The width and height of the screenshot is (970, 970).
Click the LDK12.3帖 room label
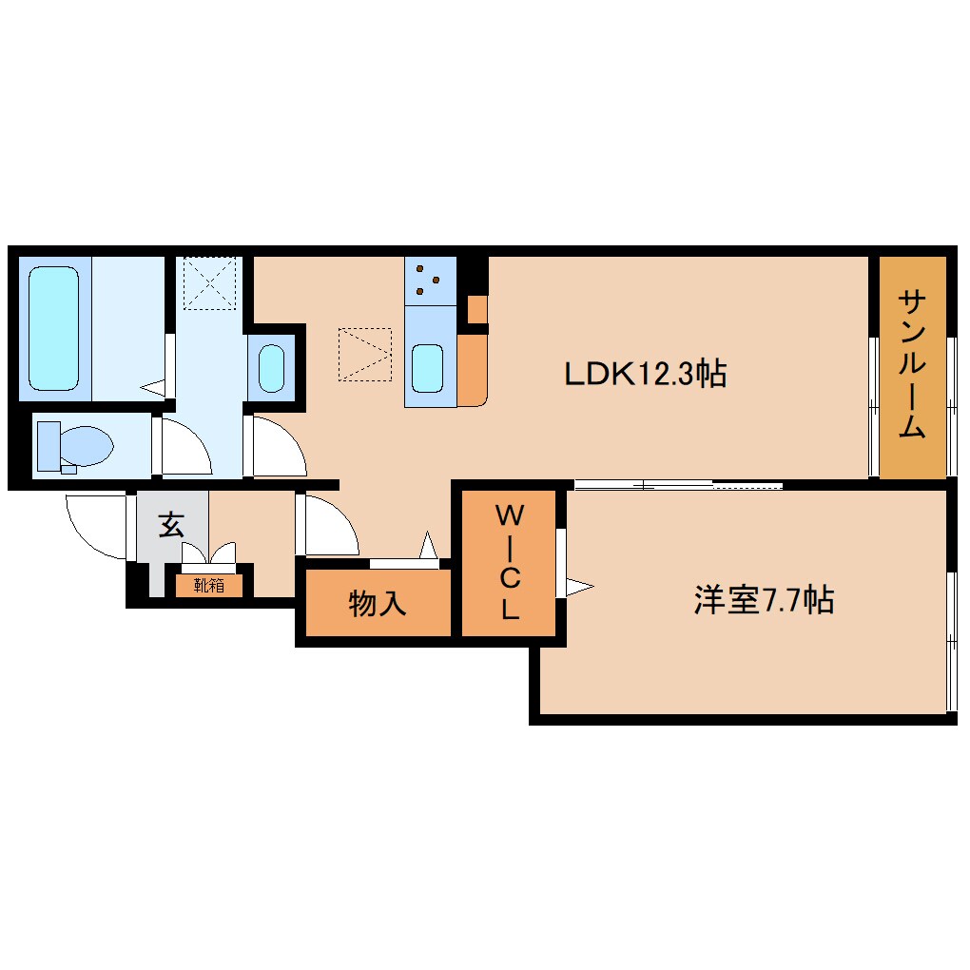pyautogui.click(x=646, y=374)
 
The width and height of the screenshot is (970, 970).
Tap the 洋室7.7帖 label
pyautogui.click(x=764, y=600)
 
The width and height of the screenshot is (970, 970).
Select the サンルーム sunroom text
pyautogui.click(x=912, y=365)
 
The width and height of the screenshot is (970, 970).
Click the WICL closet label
pyautogui.click(x=510, y=563)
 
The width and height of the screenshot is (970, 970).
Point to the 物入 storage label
pyautogui.click(x=378, y=603)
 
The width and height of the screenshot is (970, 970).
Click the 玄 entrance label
pyautogui.click(x=171, y=524)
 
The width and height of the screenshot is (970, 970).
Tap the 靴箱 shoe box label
pyautogui.click(x=209, y=585)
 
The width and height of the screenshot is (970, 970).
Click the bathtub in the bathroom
pyautogui.click(x=53, y=328)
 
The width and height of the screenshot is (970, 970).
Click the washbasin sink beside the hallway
pyautogui.click(x=272, y=369)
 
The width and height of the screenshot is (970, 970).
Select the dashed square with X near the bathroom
pyautogui.click(x=209, y=282)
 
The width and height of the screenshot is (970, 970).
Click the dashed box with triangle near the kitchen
pyautogui.click(x=364, y=355)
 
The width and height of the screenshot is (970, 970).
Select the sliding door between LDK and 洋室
pyautogui.click(x=677, y=486)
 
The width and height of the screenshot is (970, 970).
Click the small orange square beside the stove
pyautogui.click(x=476, y=309)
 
